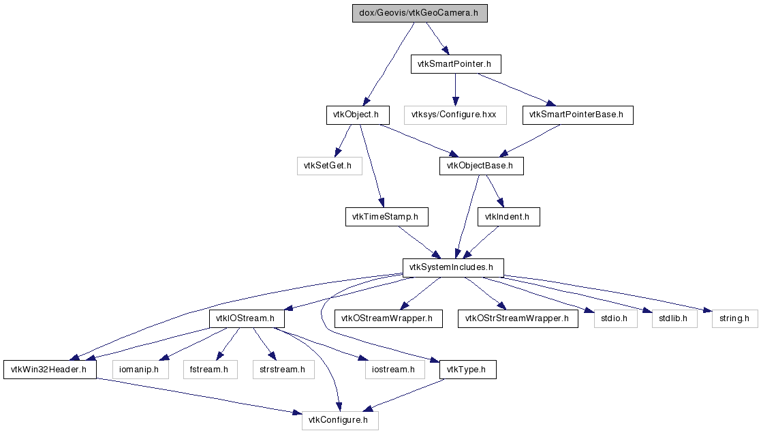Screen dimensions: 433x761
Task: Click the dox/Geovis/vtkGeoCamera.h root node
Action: (x=420, y=14)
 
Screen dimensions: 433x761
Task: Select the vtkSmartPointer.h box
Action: (x=456, y=65)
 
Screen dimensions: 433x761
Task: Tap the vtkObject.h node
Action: (x=357, y=115)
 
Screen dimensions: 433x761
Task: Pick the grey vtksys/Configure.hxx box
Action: (x=455, y=115)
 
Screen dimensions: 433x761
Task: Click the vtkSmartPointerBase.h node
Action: (x=578, y=115)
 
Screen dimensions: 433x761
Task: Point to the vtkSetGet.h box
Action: (x=328, y=166)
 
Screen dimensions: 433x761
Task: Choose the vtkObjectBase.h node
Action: (x=481, y=166)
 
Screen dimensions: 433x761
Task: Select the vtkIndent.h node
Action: (x=508, y=217)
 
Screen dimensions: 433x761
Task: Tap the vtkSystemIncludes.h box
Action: (x=452, y=267)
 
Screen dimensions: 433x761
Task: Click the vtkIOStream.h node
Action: (x=246, y=318)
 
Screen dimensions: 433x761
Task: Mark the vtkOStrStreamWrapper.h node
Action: (x=517, y=318)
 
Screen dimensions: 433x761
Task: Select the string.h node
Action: (x=734, y=318)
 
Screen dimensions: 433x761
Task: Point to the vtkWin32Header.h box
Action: (x=50, y=370)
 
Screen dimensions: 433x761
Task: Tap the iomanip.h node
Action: (x=139, y=370)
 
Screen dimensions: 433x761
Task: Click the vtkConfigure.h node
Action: (x=339, y=420)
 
